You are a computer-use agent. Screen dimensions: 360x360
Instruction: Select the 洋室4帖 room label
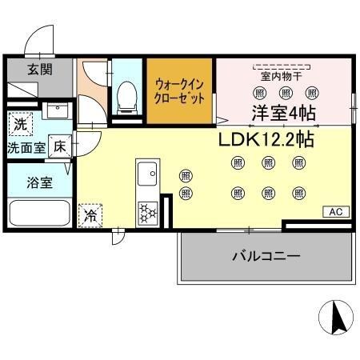(x=284, y=113)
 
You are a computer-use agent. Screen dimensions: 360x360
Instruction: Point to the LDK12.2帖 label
(x=266, y=138)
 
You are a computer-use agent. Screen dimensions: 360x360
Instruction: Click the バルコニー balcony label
(x=266, y=257)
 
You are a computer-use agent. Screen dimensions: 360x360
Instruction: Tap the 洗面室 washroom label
(x=26, y=148)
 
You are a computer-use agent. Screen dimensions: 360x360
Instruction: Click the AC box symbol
(x=336, y=211)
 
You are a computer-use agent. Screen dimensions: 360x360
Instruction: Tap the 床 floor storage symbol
(x=60, y=146)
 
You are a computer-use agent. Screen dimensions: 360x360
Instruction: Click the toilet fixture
(x=126, y=98)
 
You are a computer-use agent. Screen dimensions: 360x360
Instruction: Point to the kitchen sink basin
(x=146, y=174)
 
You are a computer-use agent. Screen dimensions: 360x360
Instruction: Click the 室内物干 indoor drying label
(x=282, y=76)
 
